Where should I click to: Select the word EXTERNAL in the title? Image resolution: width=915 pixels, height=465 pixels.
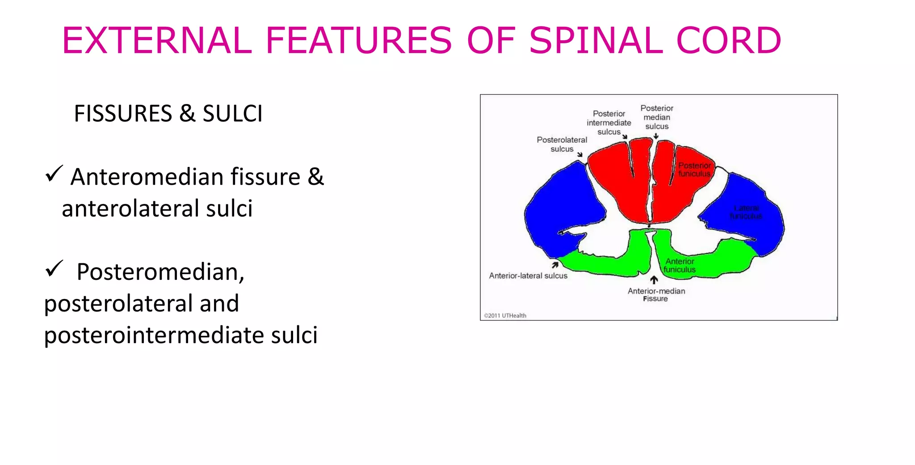pyautogui.click(x=157, y=41)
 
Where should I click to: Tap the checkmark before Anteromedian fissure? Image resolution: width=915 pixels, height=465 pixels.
pyautogui.click(x=54, y=174)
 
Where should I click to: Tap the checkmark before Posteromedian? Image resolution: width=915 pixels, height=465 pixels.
pyautogui.click(x=54, y=269)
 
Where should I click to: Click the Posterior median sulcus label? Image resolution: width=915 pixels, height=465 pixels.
pyautogui.click(x=656, y=117)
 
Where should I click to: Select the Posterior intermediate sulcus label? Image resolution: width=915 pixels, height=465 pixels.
pyautogui.click(x=609, y=123)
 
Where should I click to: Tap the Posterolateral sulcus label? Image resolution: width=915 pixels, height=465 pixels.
pyautogui.click(x=562, y=144)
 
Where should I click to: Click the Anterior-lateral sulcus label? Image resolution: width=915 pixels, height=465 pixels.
pyautogui.click(x=528, y=276)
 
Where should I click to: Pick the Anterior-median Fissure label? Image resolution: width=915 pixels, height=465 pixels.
pyautogui.click(x=656, y=295)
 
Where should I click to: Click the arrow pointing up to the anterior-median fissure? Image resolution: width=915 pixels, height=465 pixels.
pyautogui.click(x=654, y=280)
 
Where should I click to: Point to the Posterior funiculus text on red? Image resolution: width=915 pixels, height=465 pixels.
pyautogui.click(x=694, y=170)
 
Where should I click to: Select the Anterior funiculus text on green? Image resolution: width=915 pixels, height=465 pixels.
pyautogui.click(x=680, y=266)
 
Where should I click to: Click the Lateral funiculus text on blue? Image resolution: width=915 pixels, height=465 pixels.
pyautogui.click(x=746, y=212)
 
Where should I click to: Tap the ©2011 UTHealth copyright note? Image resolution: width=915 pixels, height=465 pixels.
pyautogui.click(x=505, y=316)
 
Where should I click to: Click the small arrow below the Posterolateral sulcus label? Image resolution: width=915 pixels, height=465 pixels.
pyautogui.click(x=580, y=154)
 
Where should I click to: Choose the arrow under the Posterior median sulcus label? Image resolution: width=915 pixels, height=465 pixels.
pyautogui.click(x=656, y=136)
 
